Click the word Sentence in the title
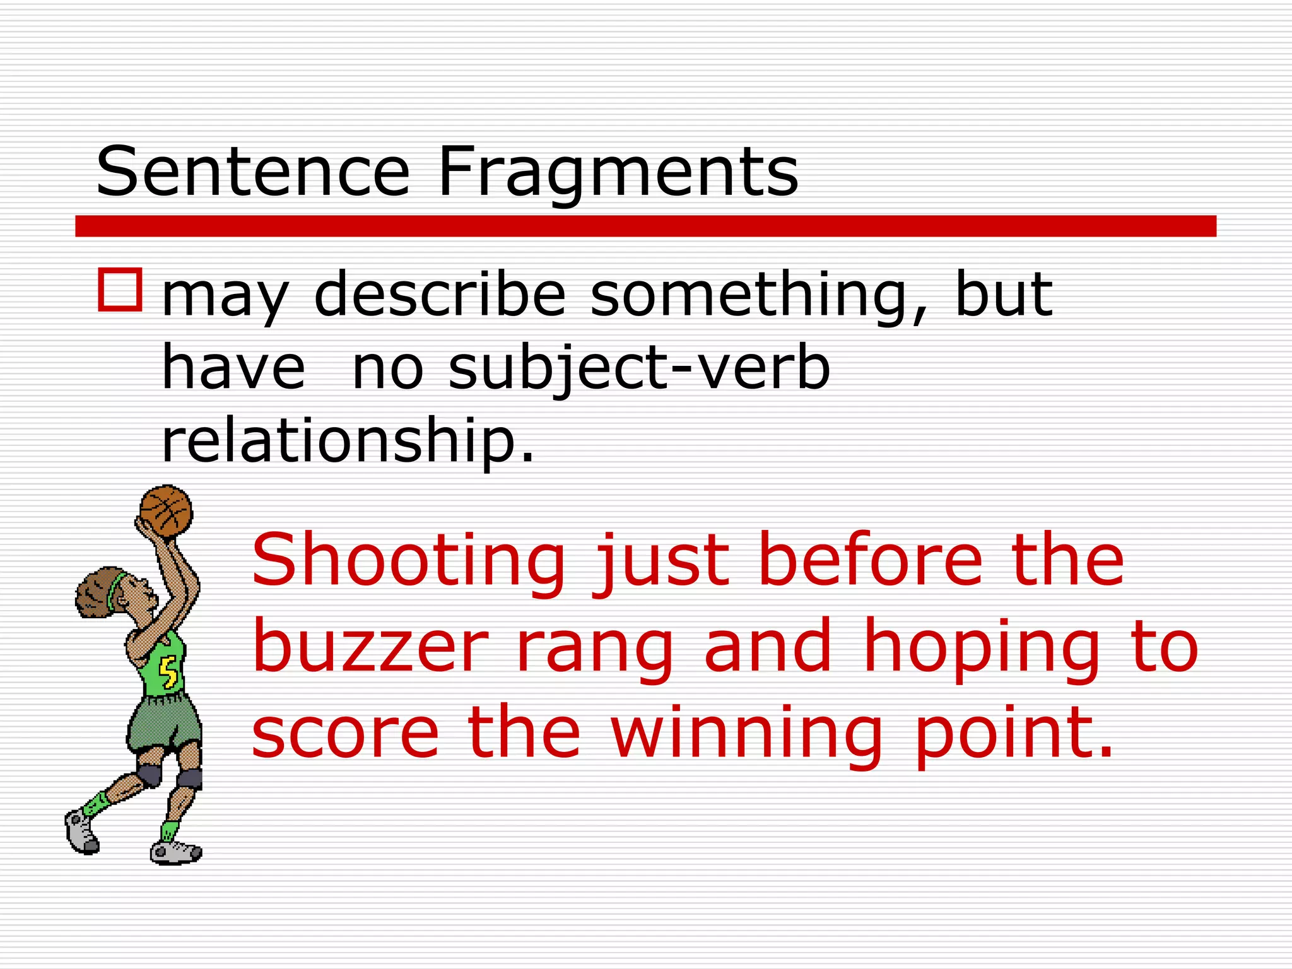(x=253, y=172)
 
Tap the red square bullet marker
(x=120, y=290)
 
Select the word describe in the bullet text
(x=440, y=294)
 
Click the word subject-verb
(x=638, y=369)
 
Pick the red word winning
(x=747, y=734)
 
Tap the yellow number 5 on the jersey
(x=168, y=671)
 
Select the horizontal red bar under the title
(x=645, y=226)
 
